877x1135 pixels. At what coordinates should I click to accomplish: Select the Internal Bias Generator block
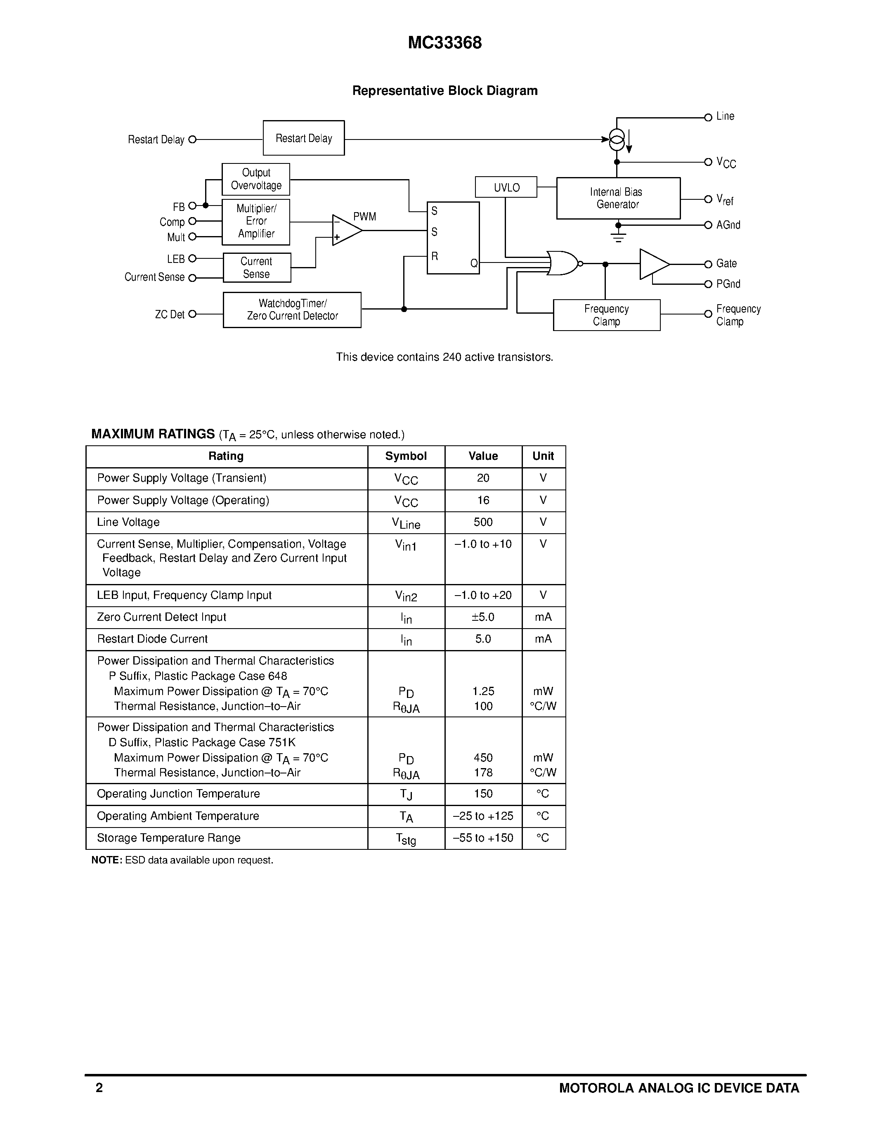618,198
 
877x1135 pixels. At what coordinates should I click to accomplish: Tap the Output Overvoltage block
255,179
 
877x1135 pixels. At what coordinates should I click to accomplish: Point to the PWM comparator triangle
346,230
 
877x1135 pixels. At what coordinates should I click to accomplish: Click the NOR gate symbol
563,263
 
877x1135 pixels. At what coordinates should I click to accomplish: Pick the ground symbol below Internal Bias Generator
618,237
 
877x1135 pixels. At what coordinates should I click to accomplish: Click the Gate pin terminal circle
708,264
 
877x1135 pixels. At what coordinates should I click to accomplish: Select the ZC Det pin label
169,314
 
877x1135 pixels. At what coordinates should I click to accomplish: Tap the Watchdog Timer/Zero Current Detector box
292,310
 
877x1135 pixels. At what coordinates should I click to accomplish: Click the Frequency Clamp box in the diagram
606,315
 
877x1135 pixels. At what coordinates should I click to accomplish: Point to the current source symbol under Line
617,139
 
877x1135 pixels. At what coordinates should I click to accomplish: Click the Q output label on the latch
473,263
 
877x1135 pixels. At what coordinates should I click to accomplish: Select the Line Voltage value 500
483,522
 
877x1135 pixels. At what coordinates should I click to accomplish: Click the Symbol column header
406,456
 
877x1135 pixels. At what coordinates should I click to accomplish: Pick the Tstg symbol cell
406,838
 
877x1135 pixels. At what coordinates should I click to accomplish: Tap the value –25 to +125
483,816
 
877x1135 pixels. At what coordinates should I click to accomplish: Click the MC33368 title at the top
445,43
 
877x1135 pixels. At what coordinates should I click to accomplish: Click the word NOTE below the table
106,860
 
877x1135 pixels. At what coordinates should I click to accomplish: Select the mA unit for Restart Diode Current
543,639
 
